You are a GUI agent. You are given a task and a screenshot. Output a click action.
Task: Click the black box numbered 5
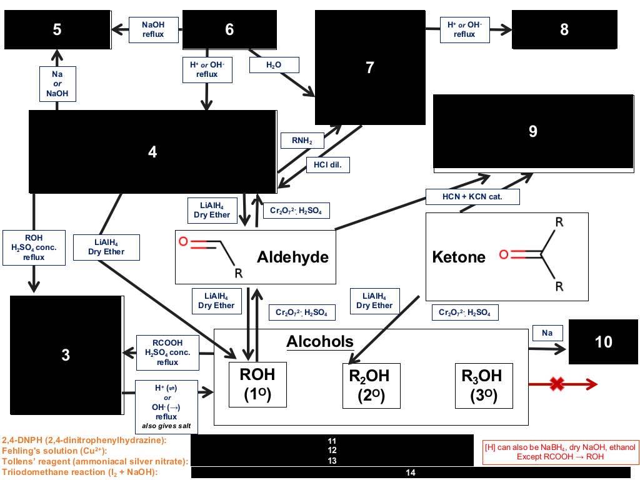[57, 30]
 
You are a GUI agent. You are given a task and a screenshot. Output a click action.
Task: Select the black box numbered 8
[564, 29]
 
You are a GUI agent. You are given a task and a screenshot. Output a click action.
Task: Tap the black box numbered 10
[603, 342]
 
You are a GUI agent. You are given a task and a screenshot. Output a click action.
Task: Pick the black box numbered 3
[66, 355]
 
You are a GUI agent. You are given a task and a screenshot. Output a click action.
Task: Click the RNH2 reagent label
[302, 141]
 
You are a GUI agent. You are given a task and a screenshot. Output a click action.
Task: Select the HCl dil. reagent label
[327, 165]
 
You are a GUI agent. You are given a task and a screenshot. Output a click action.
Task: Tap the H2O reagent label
[274, 65]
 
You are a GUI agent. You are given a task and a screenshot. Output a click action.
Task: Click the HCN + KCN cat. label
[472, 197]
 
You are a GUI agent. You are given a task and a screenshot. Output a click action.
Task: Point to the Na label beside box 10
[547, 333]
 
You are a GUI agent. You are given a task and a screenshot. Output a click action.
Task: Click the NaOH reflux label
[154, 30]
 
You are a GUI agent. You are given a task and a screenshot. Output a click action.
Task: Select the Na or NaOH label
[57, 84]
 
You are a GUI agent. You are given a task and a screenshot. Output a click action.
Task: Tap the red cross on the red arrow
[557, 384]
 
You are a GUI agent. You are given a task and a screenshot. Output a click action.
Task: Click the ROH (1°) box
[257, 384]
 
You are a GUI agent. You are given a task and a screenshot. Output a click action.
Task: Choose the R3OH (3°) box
[484, 386]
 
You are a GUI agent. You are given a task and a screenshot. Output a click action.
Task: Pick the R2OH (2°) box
[371, 386]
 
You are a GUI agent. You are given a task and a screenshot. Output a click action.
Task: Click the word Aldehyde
[292, 257]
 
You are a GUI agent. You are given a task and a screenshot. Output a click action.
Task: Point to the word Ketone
[459, 257]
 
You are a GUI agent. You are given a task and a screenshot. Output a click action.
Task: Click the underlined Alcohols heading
[320, 342]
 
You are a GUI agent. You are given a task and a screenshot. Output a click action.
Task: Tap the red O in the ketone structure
[504, 255]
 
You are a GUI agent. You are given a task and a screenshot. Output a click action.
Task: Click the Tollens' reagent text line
[95, 462]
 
